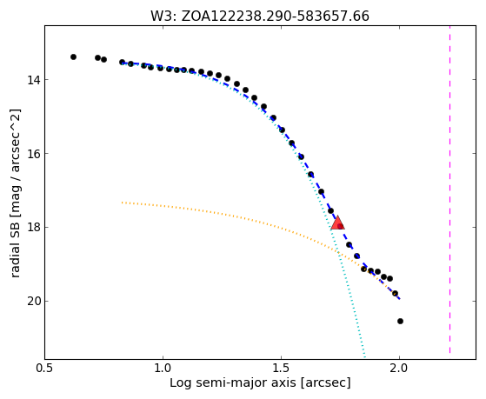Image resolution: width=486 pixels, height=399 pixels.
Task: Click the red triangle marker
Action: click(337, 223)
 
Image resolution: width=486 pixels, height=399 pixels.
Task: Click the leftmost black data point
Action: click(73, 57)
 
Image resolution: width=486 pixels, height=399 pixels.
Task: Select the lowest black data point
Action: click(400, 321)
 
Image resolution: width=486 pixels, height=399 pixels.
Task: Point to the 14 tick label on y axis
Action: click(34, 80)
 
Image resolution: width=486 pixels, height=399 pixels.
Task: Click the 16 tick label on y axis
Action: click(34, 154)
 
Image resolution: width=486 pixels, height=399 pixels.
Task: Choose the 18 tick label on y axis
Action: click(34, 228)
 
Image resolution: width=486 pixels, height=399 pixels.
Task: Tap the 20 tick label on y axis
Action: click(34, 302)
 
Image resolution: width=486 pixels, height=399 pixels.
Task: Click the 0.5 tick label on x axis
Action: click(44, 369)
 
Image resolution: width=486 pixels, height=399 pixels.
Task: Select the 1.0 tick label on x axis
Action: click(163, 369)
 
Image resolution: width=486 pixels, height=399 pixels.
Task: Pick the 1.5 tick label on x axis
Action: click(281, 369)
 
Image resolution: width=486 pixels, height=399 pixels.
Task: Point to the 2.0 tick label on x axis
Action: click(400, 369)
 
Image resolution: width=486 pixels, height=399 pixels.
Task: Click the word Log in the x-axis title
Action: click(178, 383)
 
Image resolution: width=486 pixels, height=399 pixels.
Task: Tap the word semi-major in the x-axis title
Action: click(224, 383)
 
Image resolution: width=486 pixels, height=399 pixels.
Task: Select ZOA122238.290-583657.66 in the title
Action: click(276, 17)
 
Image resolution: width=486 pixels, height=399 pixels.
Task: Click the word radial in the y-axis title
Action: click(16, 262)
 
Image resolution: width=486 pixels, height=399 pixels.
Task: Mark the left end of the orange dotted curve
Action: click(122, 203)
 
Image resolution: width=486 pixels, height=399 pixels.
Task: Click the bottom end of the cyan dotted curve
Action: click(364, 358)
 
